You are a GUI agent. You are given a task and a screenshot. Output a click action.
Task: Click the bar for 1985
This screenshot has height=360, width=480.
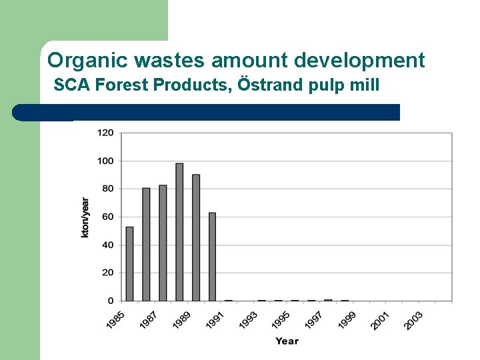(129, 264)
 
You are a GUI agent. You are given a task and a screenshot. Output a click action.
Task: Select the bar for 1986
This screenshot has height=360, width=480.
(146, 244)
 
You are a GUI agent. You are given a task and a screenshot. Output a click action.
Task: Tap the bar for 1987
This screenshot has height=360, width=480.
(163, 243)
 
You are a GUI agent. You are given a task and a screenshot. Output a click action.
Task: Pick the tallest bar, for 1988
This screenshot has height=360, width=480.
(179, 232)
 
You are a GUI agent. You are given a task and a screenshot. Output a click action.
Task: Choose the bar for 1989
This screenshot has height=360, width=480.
(196, 237)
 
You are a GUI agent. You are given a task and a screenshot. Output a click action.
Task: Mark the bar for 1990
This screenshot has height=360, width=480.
(212, 257)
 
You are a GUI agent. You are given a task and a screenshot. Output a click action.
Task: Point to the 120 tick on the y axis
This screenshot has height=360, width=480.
(105, 133)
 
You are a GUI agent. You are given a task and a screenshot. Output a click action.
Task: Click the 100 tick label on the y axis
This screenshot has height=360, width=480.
(105, 161)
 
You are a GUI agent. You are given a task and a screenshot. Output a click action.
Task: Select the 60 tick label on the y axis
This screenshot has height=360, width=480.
(107, 217)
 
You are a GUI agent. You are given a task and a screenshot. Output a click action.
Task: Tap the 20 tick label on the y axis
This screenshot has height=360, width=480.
(107, 273)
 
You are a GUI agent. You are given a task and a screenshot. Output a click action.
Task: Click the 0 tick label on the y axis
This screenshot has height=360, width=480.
(110, 301)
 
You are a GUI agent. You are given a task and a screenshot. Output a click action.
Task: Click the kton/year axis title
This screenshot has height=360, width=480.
(85, 217)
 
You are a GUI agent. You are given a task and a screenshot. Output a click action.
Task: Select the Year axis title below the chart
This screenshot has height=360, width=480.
(287, 341)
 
